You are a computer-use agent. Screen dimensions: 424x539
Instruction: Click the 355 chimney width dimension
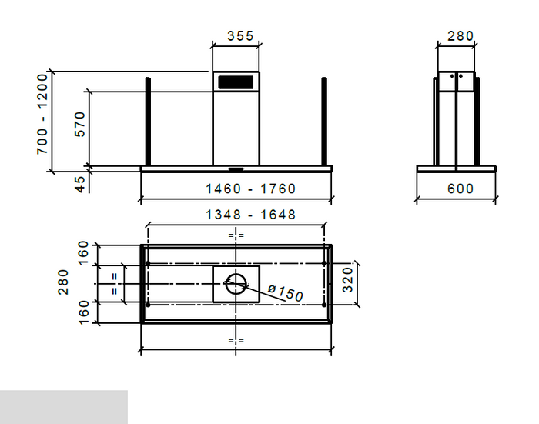(x=241, y=35)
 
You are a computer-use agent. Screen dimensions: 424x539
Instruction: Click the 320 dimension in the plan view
(x=347, y=282)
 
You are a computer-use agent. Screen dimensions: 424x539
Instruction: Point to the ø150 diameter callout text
(x=286, y=293)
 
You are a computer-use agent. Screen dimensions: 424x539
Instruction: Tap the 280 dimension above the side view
(x=460, y=35)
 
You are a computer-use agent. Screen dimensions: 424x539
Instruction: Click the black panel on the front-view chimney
(x=236, y=81)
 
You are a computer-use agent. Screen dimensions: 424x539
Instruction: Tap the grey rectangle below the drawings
(x=63, y=407)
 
